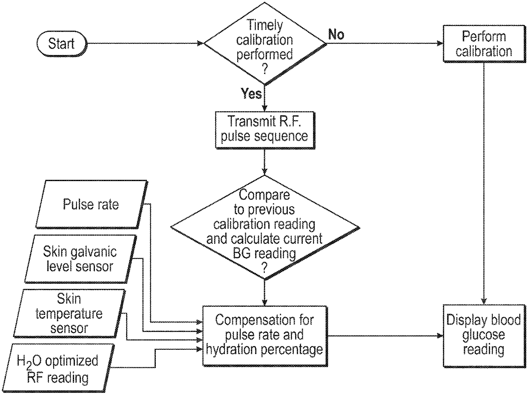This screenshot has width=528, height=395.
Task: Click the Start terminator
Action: (61, 43)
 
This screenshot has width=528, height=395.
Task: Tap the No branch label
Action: (336, 35)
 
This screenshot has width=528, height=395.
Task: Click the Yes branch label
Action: (252, 93)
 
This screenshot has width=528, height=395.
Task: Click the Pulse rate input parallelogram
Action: (91, 204)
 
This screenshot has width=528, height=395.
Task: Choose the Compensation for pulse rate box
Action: (265, 336)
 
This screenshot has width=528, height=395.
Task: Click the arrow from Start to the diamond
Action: (145, 43)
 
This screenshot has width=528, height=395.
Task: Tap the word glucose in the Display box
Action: (483, 335)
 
